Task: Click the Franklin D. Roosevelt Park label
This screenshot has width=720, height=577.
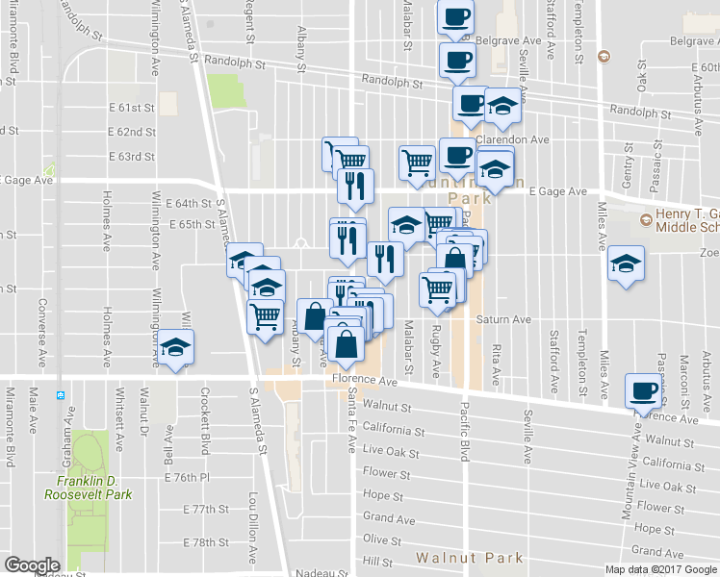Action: tap(88, 488)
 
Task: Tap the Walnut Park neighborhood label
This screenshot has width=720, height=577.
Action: tap(470, 558)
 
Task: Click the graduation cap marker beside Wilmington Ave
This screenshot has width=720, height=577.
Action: tap(176, 348)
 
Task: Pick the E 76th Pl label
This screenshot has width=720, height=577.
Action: tap(187, 478)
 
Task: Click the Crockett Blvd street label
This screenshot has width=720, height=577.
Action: tap(205, 421)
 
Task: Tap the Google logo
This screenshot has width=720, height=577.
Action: tap(33, 565)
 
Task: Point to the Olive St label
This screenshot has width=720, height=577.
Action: tap(382, 540)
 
